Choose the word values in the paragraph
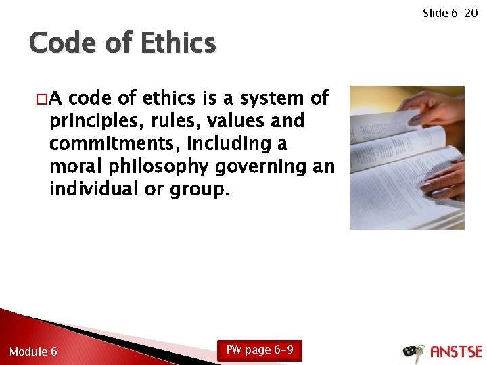coord(231,122)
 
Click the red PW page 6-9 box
coord(260,350)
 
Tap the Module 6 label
coord(33,351)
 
